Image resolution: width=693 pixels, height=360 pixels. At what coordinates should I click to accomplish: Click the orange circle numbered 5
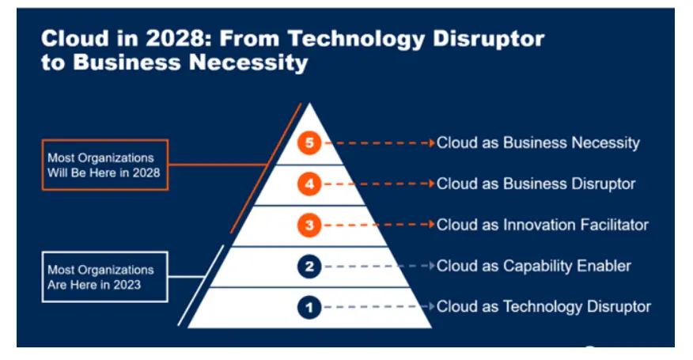tap(309, 143)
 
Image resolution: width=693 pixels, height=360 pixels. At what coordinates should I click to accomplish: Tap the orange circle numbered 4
tap(309, 184)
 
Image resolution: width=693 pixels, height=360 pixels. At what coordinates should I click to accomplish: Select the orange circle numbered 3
tap(309, 225)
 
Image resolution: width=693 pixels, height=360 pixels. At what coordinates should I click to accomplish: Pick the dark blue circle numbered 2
tap(309, 266)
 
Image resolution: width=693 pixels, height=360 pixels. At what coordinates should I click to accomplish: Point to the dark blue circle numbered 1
tap(309, 307)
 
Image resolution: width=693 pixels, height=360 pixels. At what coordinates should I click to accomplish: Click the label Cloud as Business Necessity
tap(538, 143)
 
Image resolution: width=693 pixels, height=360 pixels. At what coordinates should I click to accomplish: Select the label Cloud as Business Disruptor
tap(536, 184)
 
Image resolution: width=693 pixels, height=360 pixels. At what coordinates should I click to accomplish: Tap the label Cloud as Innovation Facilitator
tap(543, 225)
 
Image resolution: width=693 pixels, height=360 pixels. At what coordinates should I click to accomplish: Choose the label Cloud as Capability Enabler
tap(534, 266)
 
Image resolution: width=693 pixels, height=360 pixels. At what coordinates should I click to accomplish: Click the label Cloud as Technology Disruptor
tap(543, 307)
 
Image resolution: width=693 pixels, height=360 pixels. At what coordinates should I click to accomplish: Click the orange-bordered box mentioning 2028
tap(105, 165)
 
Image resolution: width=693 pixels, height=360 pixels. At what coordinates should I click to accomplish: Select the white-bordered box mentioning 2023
tap(105, 277)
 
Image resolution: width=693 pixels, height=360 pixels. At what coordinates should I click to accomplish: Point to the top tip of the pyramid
tap(309, 104)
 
